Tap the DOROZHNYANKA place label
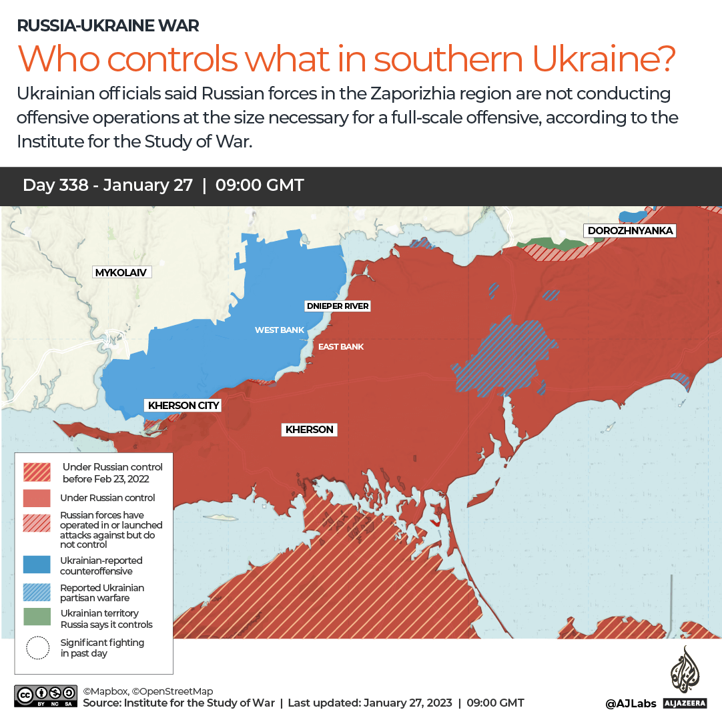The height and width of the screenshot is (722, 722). click(630, 231)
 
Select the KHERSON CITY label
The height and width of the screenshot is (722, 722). click(184, 405)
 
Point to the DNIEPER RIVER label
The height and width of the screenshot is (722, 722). click(337, 306)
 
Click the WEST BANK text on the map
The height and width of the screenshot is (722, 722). click(279, 330)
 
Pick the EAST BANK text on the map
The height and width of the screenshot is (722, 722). click(341, 347)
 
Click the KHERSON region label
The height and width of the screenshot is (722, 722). click(309, 430)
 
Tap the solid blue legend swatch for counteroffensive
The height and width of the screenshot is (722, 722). click(37, 565)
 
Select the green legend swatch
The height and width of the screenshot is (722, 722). click(37, 617)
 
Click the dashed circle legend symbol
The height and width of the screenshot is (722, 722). click(37, 648)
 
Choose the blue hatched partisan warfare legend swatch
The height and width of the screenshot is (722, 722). click(37, 592)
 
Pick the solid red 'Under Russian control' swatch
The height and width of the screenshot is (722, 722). click(37, 498)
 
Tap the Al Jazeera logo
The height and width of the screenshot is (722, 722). click(684, 677)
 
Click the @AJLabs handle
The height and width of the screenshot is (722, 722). click(631, 703)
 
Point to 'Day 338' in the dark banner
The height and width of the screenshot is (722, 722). click(55, 186)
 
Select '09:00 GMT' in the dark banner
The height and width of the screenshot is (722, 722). click(260, 186)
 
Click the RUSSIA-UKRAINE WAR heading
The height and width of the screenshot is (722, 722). click(107, 26)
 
